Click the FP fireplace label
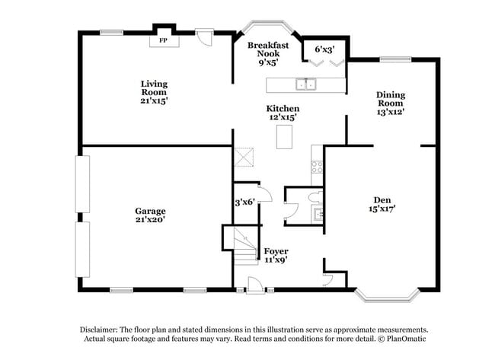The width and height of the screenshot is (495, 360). [x=163, y=40]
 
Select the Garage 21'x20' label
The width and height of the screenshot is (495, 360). [x=150, y=215]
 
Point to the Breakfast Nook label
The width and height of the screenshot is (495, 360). [x=268, y=51]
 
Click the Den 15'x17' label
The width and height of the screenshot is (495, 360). [x=382, y=203]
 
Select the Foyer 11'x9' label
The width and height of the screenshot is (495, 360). [x=275, y=255]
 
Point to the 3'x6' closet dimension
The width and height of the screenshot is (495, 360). [x=244, y=202]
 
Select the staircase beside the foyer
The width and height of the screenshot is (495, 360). [x=241, y=245]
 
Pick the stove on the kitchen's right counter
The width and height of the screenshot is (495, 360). [x=317, y=167]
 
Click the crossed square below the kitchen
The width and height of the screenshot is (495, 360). [x=244, y=157]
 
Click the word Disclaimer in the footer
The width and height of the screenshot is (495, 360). [x=101, y=330]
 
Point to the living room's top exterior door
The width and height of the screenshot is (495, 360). [x=204, y=35]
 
